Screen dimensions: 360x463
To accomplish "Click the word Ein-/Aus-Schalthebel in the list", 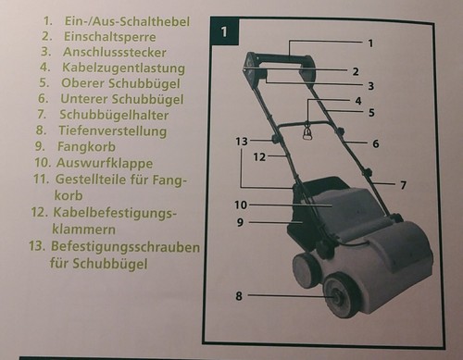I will click(120, 19).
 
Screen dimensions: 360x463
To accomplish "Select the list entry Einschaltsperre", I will click(110, 35).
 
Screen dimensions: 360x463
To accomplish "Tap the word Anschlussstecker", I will click(117, 51).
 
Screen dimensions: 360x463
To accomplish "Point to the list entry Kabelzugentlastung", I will click(123, 68).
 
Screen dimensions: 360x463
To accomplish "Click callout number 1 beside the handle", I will click(369, 43).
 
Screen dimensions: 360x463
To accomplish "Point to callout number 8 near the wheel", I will click(238, 297).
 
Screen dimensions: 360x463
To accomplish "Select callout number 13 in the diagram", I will click(241, 141).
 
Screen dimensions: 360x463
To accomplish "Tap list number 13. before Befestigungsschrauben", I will click(36, 248).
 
